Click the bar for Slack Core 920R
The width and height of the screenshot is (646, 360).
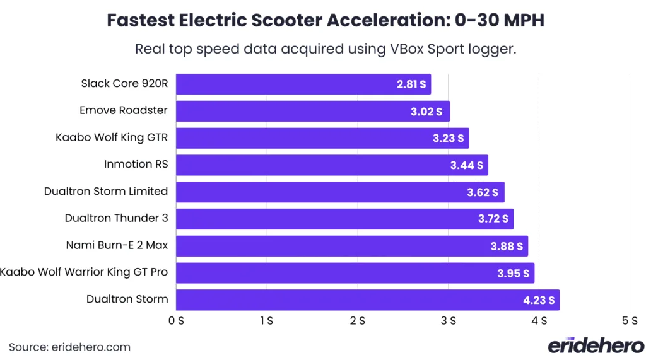[x=303, y=84]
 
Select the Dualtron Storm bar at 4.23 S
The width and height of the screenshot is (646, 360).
[x=367, y=300]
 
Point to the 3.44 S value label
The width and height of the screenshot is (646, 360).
[x=467, y=165]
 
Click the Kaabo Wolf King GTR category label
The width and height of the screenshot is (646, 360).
[x=112, y=137]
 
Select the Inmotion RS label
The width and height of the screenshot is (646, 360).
[x=136, y=164]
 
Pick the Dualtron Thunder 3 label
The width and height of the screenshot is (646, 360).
[x=116, y=218]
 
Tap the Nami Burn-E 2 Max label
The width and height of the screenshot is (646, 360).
[x=117, y=245]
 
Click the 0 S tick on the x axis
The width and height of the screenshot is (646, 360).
[x=176, y=320]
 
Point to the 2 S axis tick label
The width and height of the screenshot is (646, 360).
[x=358, y=320]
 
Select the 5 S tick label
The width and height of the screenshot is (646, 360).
[x=630, y=320]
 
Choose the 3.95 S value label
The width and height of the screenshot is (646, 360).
[x=514, y=274]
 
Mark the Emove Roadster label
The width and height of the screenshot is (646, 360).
[x=124, y=110]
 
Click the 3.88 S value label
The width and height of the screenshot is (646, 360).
[x=507, y=247]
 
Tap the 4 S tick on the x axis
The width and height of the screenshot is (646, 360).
[x=539, y=320]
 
